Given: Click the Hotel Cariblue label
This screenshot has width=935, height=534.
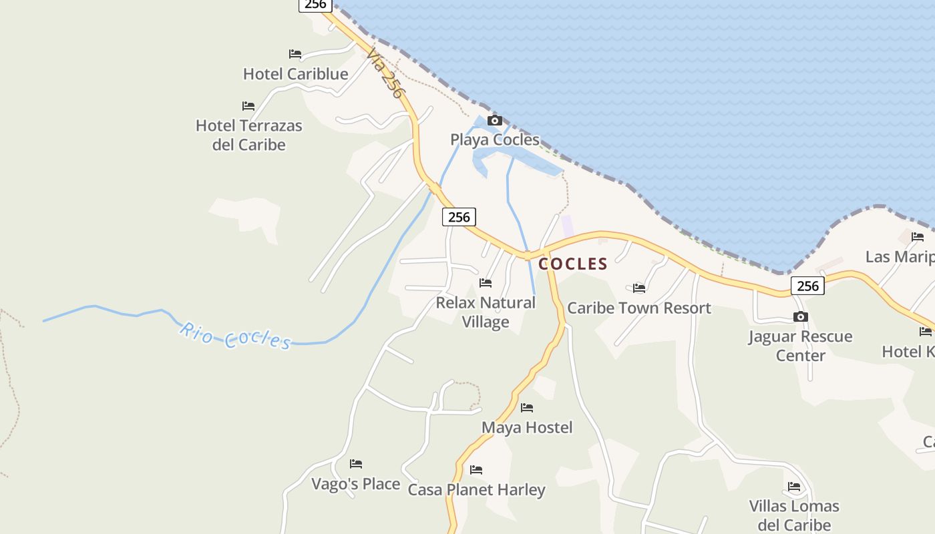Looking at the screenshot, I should point(295,74).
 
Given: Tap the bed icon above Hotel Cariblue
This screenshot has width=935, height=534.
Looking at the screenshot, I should point(295,54).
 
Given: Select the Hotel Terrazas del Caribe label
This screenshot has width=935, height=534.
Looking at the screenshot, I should point(248,135).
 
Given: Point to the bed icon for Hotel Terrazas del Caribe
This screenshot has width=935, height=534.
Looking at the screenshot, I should point(248,106).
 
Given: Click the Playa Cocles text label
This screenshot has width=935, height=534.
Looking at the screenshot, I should point(494,140).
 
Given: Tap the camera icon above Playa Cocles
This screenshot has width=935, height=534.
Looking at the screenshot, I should point(495,121).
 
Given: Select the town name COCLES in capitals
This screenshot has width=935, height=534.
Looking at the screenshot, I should point(573,264).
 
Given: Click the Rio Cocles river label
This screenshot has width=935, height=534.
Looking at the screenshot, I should point(235,336).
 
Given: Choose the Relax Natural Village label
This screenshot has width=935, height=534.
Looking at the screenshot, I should point(486,312).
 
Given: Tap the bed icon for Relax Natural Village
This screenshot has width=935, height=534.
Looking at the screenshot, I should point(486,283).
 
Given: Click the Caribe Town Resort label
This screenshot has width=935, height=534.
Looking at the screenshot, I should point(639,308).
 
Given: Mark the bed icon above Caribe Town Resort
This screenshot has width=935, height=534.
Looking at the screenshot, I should point(639,288).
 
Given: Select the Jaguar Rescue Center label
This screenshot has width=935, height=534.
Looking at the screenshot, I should point(800,345).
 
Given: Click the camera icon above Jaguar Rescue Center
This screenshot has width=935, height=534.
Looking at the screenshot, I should point(801,317).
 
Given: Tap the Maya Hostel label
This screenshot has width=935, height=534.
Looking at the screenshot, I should point(527,427).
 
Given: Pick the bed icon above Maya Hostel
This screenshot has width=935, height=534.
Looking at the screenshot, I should point(527,408).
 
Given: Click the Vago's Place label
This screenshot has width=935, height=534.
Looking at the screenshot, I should point(356,484).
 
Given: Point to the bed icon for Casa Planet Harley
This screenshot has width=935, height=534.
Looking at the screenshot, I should point(476,471).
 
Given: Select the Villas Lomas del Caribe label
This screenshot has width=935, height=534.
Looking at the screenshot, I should point(794,515).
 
